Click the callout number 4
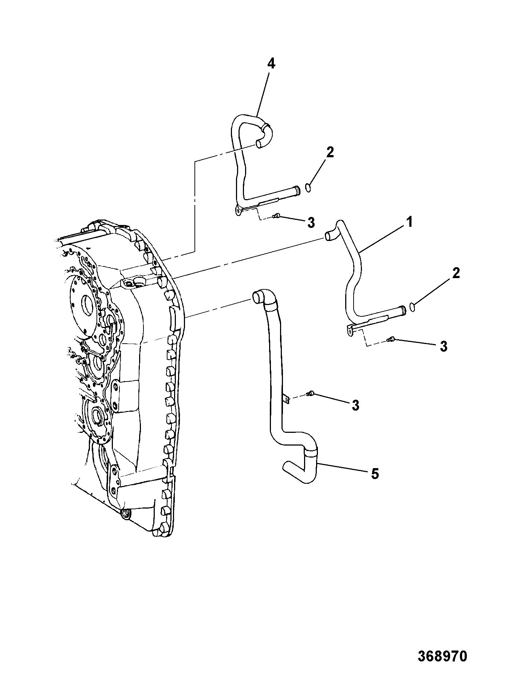pyautogui.click(x=271, y=64)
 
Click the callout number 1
pyautogui.click(x=410, y=222)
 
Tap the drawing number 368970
pyautogui.click(x=442, y=656)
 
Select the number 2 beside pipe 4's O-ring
pyautogui.click(x=330, y=152)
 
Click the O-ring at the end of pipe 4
pyautogui.click(x=308, y=187)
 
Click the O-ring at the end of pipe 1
pyautogui.click(x=412, y=307)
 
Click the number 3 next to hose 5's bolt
pyautogui.click(x=355, y=405)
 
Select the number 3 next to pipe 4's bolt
pyautogui.click(x=311, y=222)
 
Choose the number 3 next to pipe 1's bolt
pyautogui.click(x=443, y=346)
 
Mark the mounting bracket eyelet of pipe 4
pyautogui.click(x=237, y=211)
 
